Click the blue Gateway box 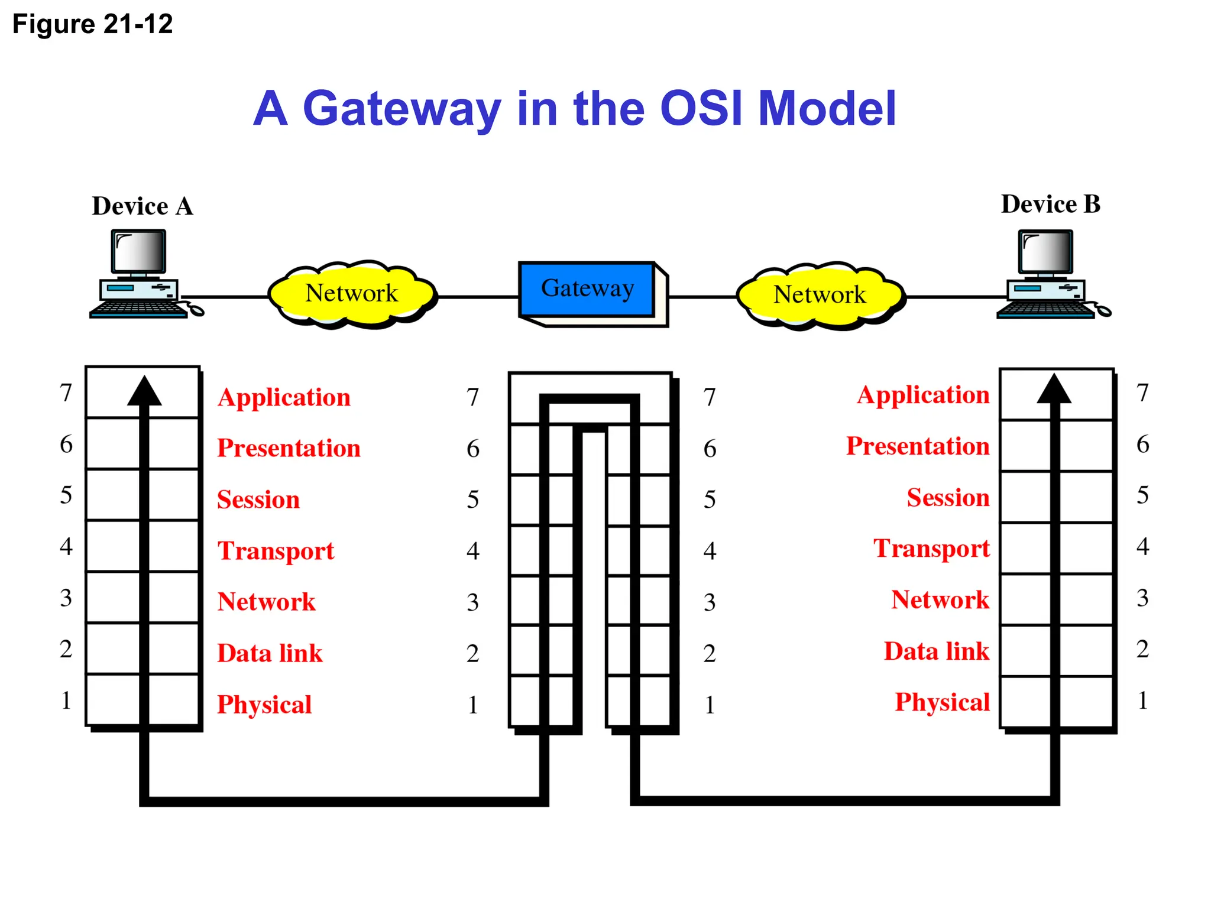(587, 289)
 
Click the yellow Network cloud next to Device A (352, 294)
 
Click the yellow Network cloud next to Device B (820, 295)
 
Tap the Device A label (143, 206)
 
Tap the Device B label (1050, 205)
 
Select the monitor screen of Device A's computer (138, 251)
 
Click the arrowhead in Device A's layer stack (144, 392)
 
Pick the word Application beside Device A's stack (284, 397)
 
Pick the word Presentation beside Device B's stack (918, 446)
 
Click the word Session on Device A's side (258, 500)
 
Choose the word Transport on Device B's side (931, 549)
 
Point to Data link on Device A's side (270, 653)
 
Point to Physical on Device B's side (942, 702)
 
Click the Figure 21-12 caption (92, 25)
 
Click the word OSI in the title (701, 109)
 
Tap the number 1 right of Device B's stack (1142, 701)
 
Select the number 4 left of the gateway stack (472, 551)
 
